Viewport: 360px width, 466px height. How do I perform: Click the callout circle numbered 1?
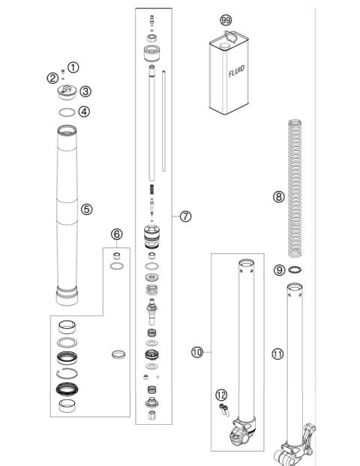(73, 67)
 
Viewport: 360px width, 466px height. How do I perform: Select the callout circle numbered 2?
(52, 78)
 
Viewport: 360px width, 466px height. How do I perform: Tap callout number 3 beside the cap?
(86, 91)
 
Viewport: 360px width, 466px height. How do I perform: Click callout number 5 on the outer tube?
(87, 209)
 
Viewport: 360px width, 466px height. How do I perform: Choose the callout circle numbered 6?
(116, 234)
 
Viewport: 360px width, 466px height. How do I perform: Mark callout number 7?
(186, 216)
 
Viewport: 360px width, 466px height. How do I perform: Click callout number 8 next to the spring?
(278, 197)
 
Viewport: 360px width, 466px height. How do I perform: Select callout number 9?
(278, 270)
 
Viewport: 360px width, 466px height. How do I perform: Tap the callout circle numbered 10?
(197, 351)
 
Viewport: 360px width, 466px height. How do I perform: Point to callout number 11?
(278, 354)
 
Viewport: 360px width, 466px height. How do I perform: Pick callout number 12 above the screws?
(220, 394)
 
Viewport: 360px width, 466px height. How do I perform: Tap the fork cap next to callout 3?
(65, 93)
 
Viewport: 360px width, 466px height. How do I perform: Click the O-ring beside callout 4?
(67, 112)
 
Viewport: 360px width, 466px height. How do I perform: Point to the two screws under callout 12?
(223, 408)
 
